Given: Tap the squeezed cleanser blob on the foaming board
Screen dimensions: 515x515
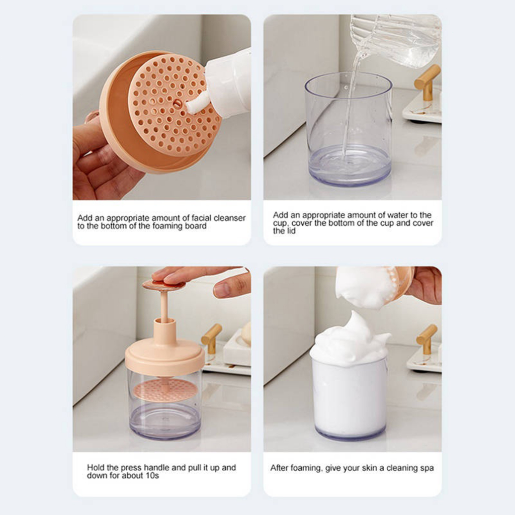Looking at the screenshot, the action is [198, 104].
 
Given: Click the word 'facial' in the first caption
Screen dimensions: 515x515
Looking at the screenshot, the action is [201, 218].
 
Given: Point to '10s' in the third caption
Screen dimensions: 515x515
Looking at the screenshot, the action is [152, 476].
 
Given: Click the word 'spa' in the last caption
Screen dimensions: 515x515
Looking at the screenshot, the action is [427, 469].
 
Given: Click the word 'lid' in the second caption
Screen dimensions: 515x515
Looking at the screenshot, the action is [290, 231].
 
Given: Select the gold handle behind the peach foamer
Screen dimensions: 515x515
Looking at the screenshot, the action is [212, 338].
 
